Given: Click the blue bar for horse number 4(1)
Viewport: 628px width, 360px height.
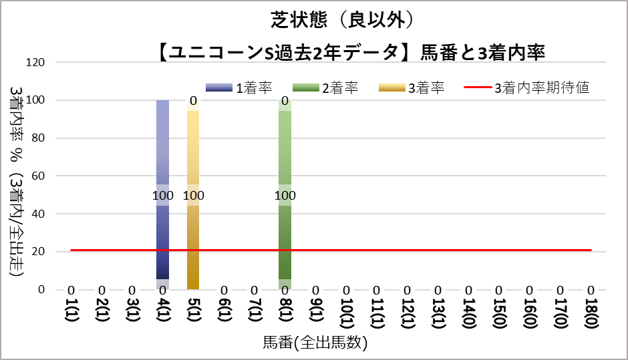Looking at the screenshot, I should (162, 147).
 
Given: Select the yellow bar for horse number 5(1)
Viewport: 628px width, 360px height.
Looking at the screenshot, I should (193, 147).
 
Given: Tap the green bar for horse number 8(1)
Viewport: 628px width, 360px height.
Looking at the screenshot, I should (285, 147).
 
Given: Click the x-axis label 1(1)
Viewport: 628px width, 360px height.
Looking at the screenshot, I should (71, 311).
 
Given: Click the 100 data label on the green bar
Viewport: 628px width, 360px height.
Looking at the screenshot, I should (285, 196).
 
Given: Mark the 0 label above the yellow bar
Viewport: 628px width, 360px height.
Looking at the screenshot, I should (193, 102).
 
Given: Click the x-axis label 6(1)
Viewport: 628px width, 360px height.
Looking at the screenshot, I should (224, 311).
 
